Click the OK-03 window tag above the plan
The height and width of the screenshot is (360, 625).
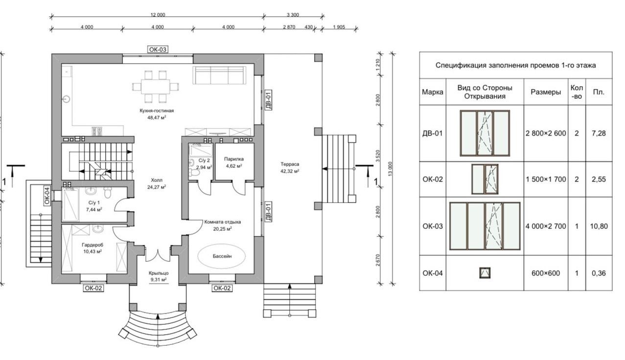[x=158, y=49]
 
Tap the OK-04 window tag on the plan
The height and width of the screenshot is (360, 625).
[x=47, y=196]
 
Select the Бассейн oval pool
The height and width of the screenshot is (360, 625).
[x=222, y=256]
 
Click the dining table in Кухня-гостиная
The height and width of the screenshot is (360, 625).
[x=156, y=87]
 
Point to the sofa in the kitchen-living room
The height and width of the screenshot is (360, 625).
[x=220, y=75]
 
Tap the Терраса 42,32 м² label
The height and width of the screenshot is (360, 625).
[x=290, y=168]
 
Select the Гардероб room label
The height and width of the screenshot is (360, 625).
[x=93, y=248]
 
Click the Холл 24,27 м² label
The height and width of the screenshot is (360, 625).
[x=157, y=183]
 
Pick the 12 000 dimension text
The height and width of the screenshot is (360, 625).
[x=158, y=15]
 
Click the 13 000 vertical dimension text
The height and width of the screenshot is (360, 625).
[x=391, y=168]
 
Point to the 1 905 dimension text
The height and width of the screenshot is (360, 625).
[x=339, y=27]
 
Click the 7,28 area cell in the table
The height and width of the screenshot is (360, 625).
[x=599, y=134]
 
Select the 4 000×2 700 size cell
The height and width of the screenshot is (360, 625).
[x=546, y=226]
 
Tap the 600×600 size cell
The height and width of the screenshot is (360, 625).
[x=546, y=273]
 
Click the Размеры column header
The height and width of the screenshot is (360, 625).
[x=546, y=92]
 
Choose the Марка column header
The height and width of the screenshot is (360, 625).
[x=433, y=92]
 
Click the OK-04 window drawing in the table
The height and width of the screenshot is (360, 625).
[x=485, y=273]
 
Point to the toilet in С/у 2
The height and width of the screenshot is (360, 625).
[x=194, y=173]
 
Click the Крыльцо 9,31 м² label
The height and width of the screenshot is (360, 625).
[x=159, y=276]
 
